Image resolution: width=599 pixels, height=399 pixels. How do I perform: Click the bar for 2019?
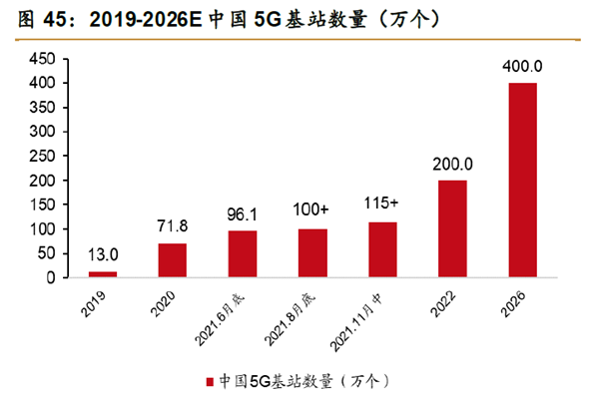102,273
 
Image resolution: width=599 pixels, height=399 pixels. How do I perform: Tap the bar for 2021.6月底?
243,254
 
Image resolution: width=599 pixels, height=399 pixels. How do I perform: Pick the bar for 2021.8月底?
312,253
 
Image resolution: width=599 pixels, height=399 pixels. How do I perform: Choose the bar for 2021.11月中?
382,249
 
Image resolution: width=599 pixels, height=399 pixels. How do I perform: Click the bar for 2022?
452,228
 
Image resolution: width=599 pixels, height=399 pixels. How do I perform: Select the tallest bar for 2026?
522,180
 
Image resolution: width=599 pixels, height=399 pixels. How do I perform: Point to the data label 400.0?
522,66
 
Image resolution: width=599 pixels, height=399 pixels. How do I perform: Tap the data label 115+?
382,205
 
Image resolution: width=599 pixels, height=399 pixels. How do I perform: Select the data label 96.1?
243,214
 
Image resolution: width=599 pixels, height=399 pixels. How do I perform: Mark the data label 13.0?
102,255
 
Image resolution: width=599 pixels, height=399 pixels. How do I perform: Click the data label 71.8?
172,226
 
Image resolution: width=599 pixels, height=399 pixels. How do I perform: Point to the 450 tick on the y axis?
40,59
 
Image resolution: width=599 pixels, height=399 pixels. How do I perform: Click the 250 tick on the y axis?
40,157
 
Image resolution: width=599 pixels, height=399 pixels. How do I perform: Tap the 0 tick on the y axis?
48,278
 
